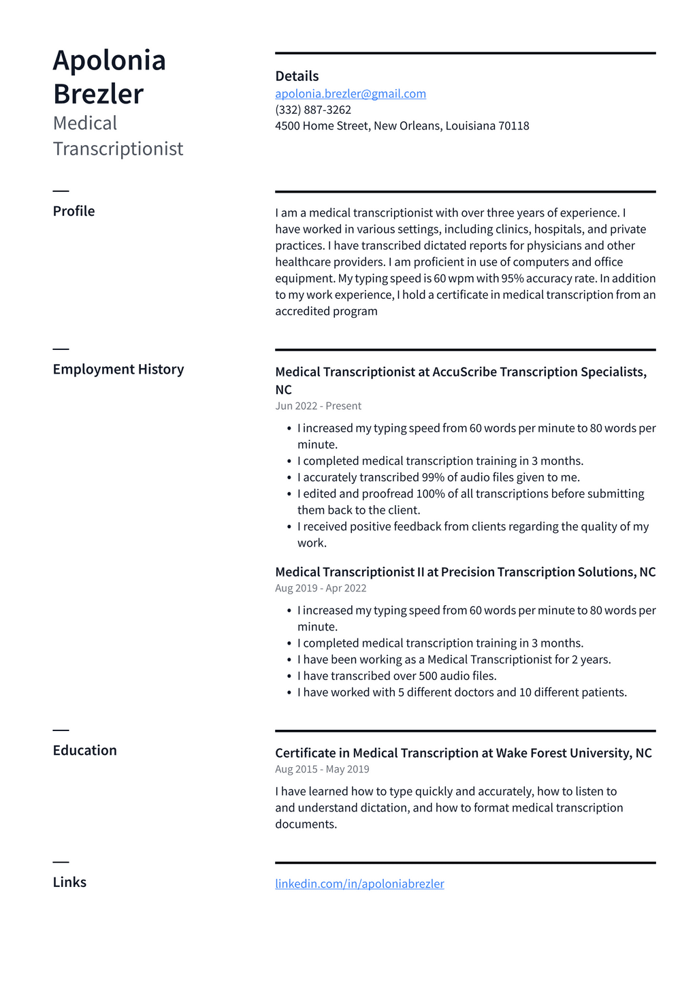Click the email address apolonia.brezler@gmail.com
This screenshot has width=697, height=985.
[x=351, y=94]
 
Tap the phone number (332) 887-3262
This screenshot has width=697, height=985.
[x=313, y=110]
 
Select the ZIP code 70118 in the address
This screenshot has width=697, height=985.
[x=514, y=126]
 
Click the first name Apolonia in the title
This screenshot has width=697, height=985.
[x=110, y=61]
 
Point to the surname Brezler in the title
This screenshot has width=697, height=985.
[x=99, y=94]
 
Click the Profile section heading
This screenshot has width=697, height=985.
[x=74, y=211]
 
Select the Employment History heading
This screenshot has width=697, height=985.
[x=118, y=369]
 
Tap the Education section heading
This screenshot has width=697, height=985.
[x=85, y=750]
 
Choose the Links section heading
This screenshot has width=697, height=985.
[x=69, y=882]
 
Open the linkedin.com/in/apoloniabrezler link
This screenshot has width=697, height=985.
[x=359, y=884]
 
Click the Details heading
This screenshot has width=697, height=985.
[x=297, y=76]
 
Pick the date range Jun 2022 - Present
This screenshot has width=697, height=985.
[x=318, y=406]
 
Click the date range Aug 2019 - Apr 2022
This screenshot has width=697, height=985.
[x=321, y=588]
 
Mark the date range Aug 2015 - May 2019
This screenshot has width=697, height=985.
[x=322, y=769]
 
